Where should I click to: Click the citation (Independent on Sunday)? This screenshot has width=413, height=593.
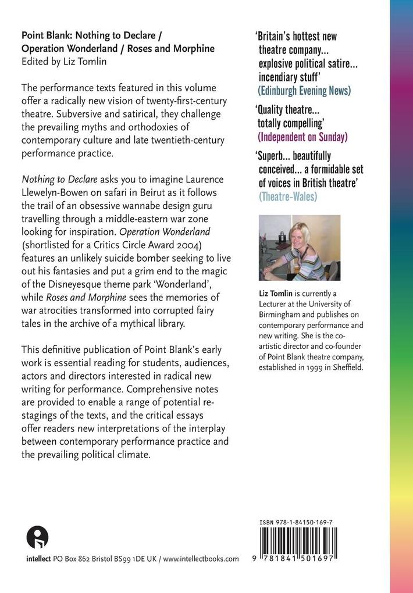click(302, 137)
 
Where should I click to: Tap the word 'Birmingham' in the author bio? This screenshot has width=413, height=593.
click(281, 315)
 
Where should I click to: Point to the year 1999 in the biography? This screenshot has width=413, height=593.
click(312, 367)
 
